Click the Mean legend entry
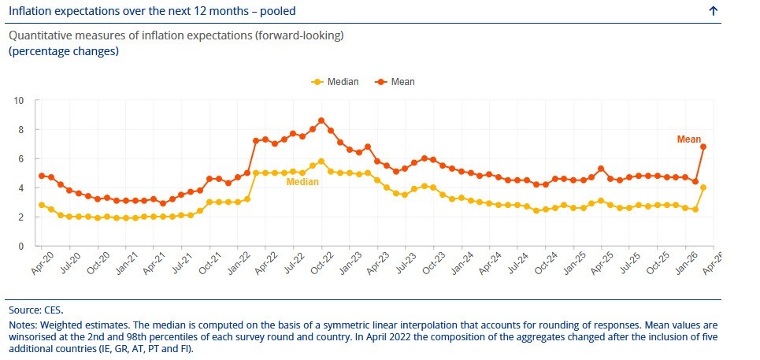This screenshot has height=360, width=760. click(399, 81)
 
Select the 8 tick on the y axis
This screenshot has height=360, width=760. click(21, 130)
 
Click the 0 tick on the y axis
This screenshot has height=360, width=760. click(21, 246)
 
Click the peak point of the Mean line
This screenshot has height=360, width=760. click(321, 121)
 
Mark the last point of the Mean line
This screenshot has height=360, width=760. click(703, 147)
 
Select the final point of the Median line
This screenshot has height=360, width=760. click(703, 187)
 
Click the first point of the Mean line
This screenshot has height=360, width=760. click(42, 176)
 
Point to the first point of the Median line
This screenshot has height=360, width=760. click(42, 205)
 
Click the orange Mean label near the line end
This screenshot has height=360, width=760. click(688, 139)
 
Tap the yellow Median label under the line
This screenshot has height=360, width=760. click(302, 182)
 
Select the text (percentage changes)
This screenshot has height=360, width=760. click(63, 50)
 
